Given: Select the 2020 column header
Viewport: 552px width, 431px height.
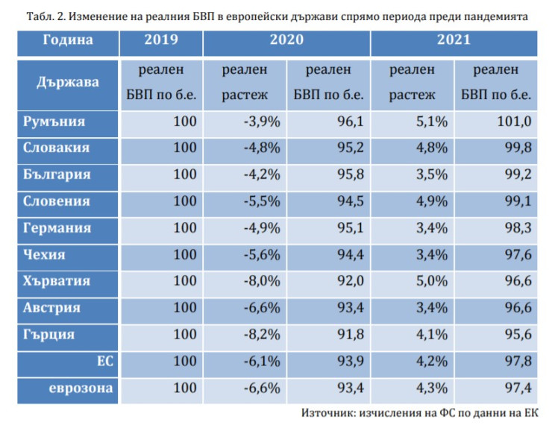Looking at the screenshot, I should click(286, 40).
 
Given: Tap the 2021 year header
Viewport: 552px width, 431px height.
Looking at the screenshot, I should click(454, 40).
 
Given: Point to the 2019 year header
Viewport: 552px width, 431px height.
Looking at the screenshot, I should click(160, 40).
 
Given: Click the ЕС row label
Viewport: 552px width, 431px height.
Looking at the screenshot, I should click(104, 361).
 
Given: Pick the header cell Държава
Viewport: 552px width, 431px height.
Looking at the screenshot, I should click(68, 83).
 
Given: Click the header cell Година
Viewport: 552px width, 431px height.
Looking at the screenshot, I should click(68, 40).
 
